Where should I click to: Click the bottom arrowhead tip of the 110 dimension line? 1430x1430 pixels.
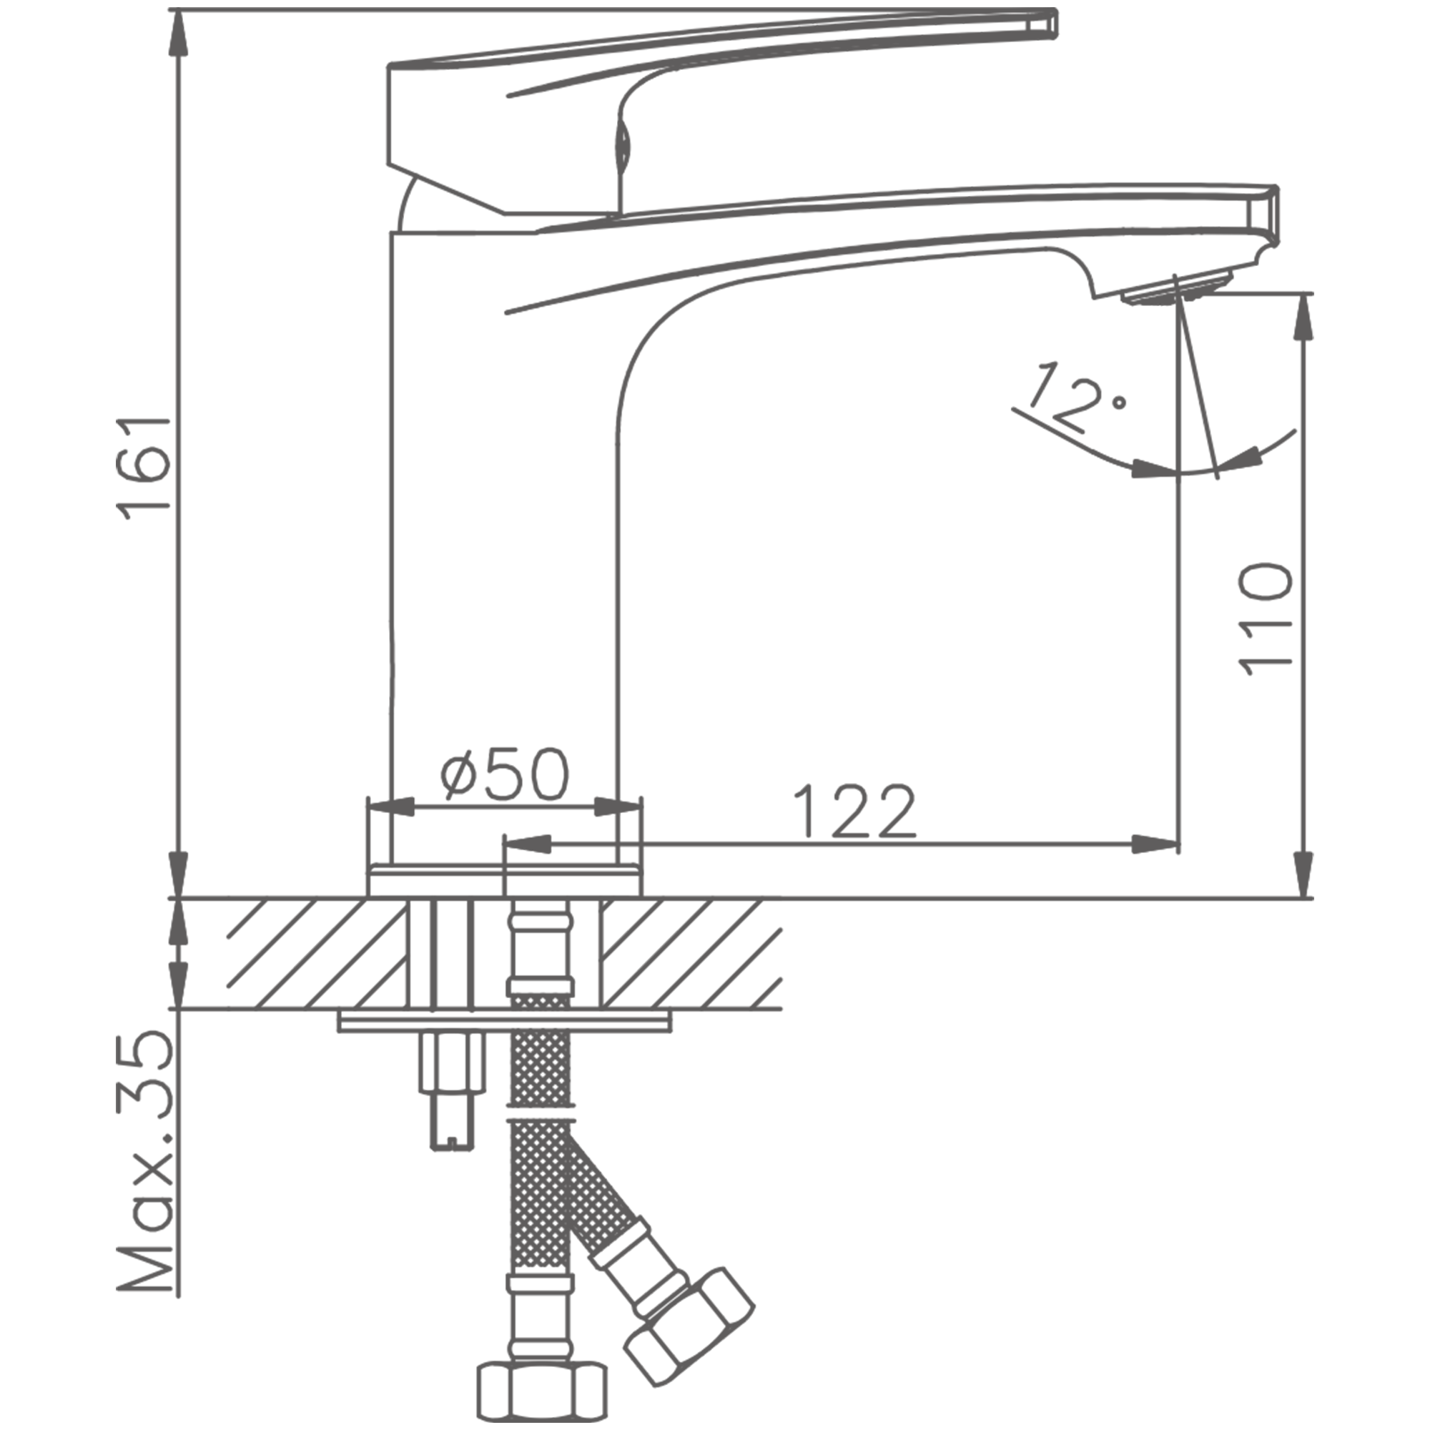point(1304,898)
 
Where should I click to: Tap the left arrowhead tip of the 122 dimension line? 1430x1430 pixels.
point(504,843)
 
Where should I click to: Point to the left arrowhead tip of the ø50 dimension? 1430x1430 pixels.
point(369,807)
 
